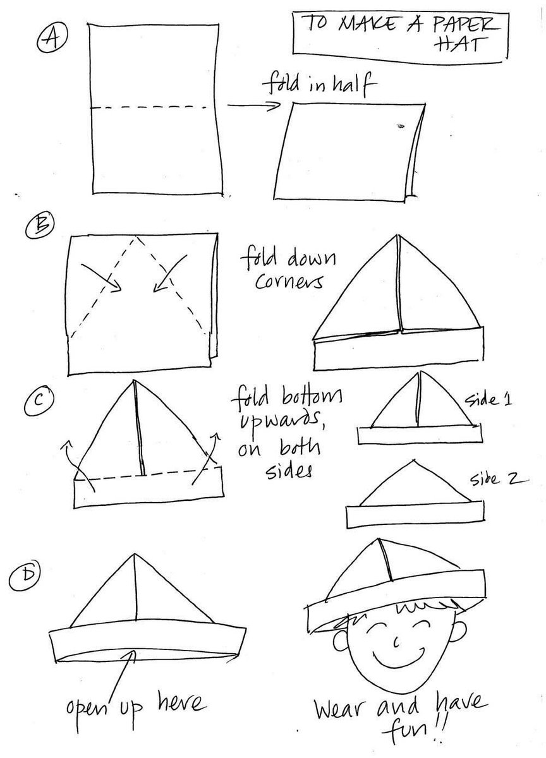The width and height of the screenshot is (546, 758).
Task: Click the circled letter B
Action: click(40, 225)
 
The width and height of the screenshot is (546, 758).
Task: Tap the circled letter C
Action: click(40, 400)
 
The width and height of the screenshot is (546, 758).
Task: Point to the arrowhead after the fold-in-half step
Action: click(274, 105)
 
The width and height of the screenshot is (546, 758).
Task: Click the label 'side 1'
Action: click(488, 400)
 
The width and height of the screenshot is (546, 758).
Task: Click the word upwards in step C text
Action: click(279, 420)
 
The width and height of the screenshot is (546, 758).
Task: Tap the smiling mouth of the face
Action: click(398, 653)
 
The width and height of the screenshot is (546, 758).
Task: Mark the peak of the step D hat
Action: click(135, 554)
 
